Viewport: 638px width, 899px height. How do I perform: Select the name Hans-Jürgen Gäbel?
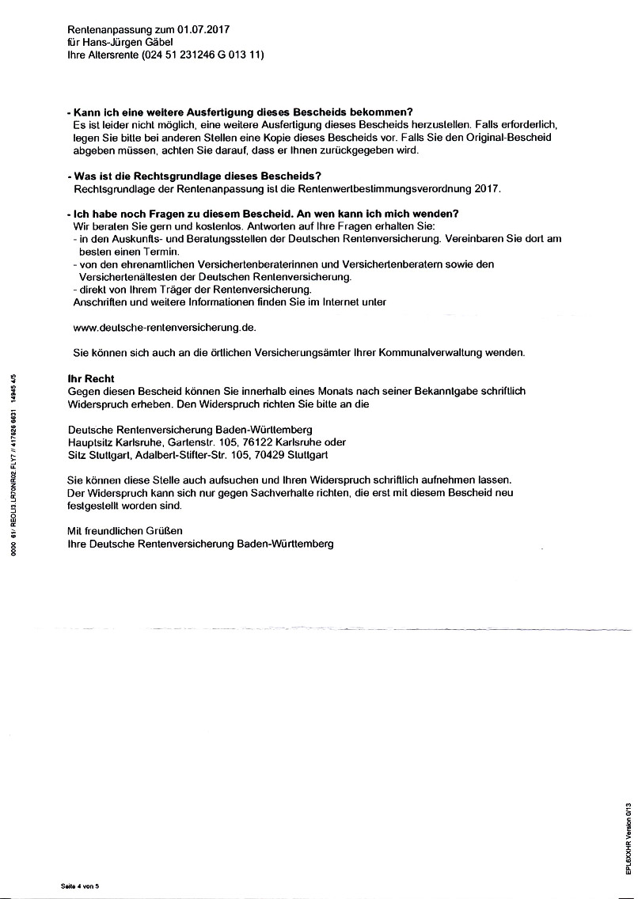pos(127,42)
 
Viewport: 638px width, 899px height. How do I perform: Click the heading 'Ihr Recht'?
pos(91,379)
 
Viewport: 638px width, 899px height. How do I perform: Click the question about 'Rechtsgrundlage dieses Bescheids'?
pos(198,176)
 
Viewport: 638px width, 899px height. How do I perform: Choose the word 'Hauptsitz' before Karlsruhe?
pos(91,442)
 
